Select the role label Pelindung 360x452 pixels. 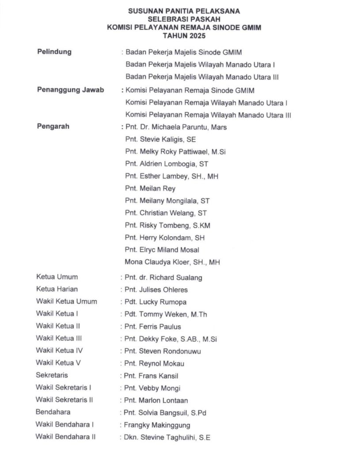point(54,52)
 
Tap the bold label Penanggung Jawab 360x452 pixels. point(70,90)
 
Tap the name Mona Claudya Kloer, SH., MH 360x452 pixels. point(172,262)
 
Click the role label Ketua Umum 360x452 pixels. point(57,277)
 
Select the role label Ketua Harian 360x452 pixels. point(57,290)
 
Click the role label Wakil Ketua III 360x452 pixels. point(59,339)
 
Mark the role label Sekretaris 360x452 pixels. point(52,376)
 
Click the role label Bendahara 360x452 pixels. point(53,412)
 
